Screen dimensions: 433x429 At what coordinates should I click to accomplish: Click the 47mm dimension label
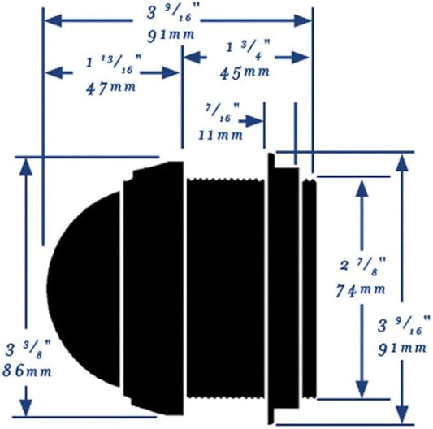(x=111, y=88)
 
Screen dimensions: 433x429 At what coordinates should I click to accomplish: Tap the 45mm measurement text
(x=245, y=72)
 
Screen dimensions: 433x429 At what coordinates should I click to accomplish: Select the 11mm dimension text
(x=221, y=135)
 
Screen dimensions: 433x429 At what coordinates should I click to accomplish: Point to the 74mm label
(x=361, y=290)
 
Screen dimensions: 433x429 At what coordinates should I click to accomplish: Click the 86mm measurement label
(x=27, y=370)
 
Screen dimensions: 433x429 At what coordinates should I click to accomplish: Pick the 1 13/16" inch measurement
(x=114, y=64)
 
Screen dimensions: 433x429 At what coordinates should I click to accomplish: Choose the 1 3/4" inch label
(x=248, y=50)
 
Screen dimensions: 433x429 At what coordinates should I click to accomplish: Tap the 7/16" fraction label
(x=222, y=112)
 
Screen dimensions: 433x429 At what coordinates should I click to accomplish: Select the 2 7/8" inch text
(x=362, y=266)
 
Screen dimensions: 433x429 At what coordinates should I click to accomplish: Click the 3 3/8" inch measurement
(x=28, y=349)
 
